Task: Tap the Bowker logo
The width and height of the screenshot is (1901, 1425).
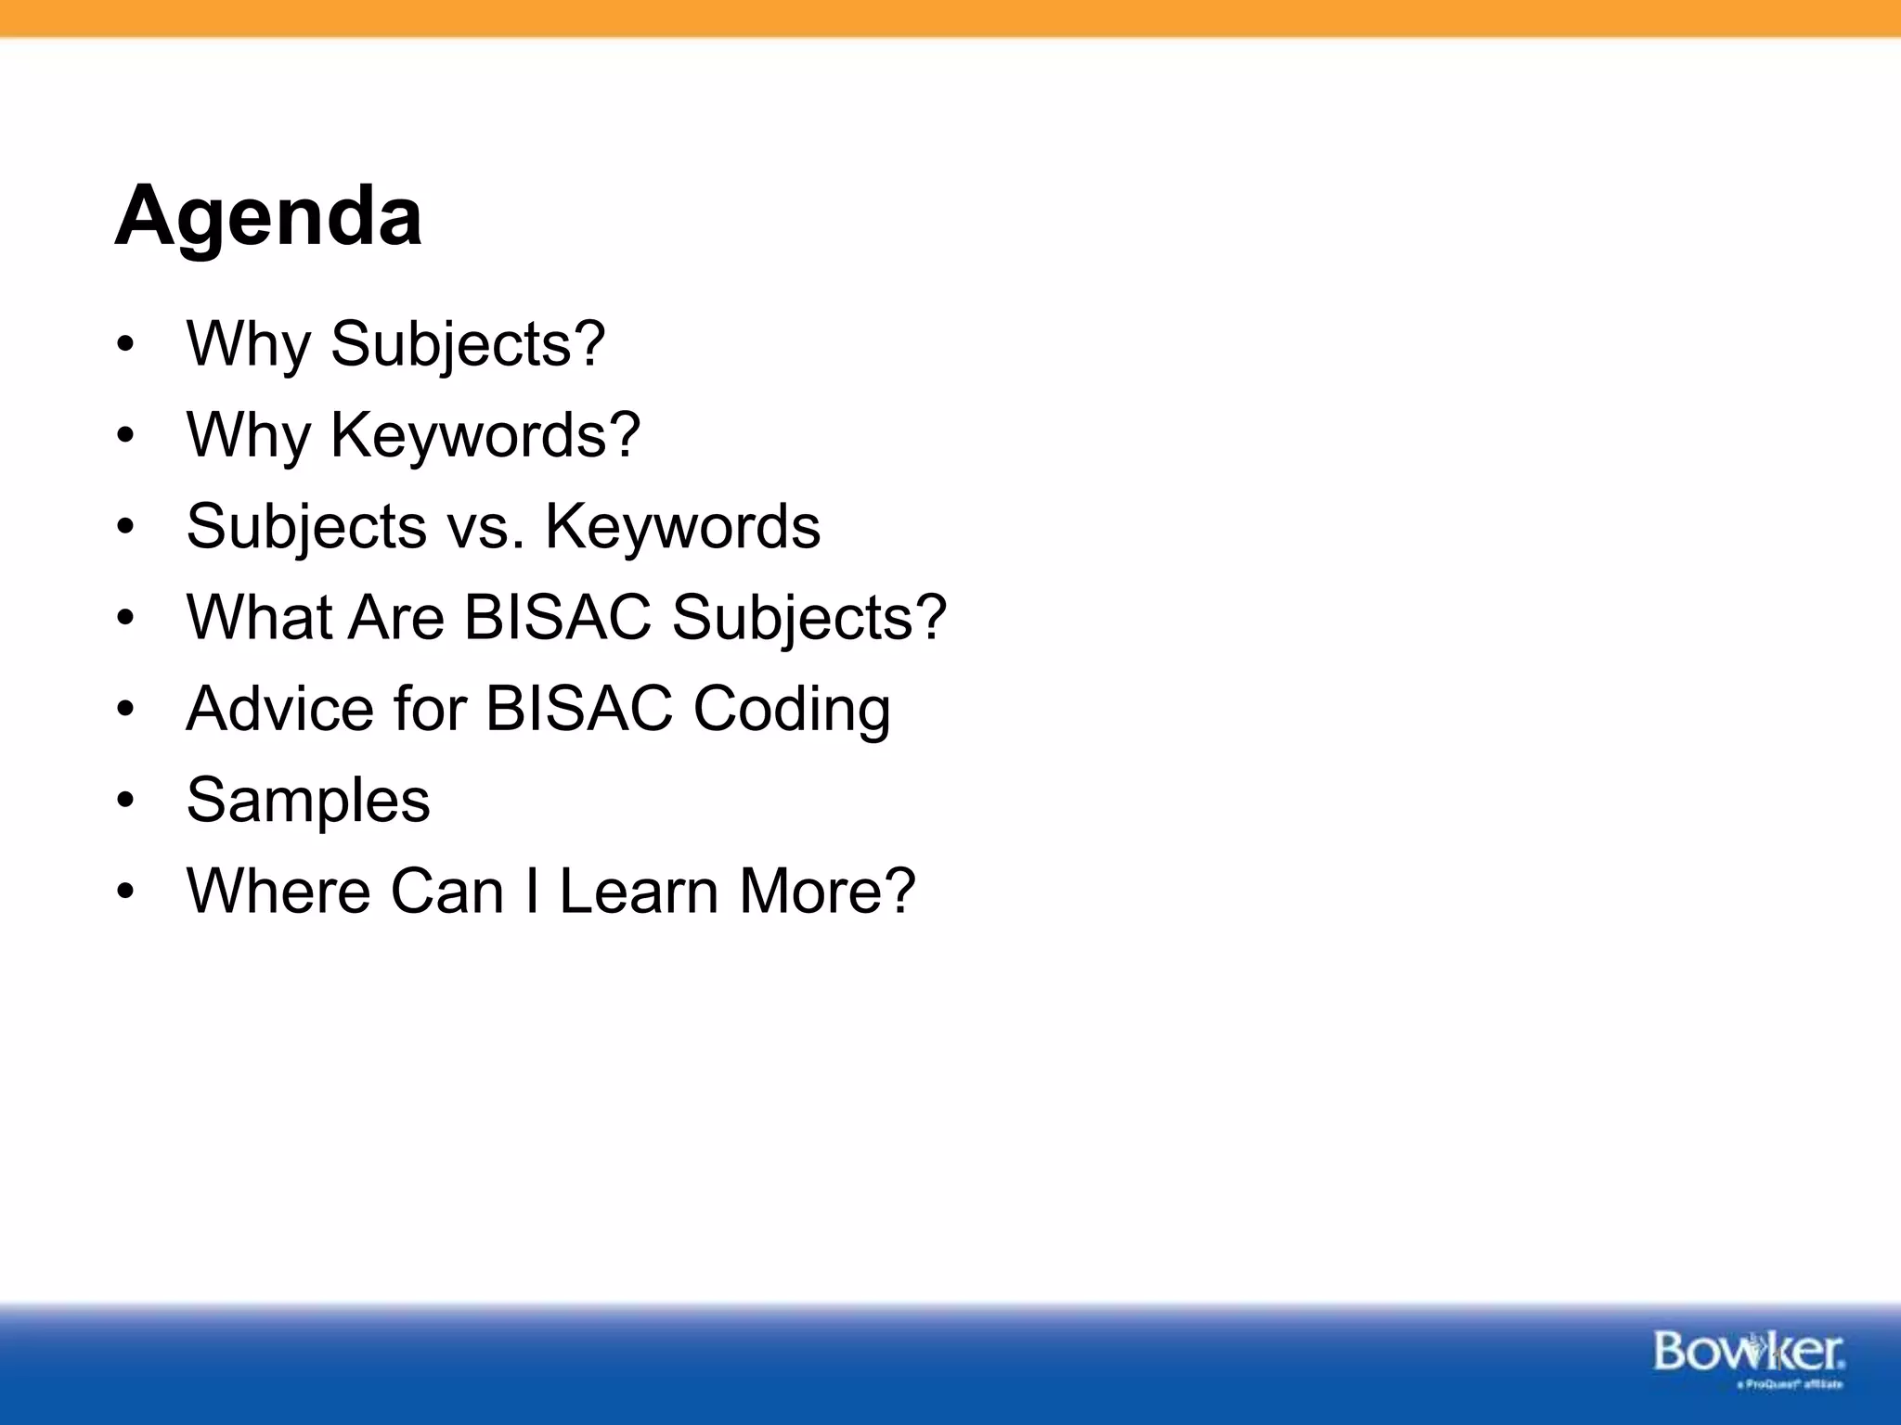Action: [1749, 1352]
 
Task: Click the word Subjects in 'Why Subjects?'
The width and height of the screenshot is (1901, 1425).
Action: [468, 344]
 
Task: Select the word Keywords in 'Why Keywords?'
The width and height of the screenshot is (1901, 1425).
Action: [485, 435]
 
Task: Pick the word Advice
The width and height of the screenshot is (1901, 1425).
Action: [279, 709]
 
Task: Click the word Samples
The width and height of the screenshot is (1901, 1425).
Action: [308, 801]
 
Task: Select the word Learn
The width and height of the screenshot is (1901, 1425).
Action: [639, 891]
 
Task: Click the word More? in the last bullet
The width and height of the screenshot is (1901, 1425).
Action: [826, 891]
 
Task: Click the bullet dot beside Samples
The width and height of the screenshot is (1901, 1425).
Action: [126, 801]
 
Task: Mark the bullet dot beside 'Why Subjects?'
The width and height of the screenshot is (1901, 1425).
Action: [126, 345]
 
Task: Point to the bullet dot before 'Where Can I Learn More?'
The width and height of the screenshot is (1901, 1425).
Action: [126, 892]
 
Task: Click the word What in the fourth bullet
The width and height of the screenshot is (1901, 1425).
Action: [258, 617]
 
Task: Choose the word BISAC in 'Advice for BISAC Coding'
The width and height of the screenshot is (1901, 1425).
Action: [578, 709]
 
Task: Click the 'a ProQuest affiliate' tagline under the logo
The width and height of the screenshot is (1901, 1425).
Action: [1789, 1385]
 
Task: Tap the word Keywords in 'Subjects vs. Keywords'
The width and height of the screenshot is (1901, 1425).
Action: [682, 527]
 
